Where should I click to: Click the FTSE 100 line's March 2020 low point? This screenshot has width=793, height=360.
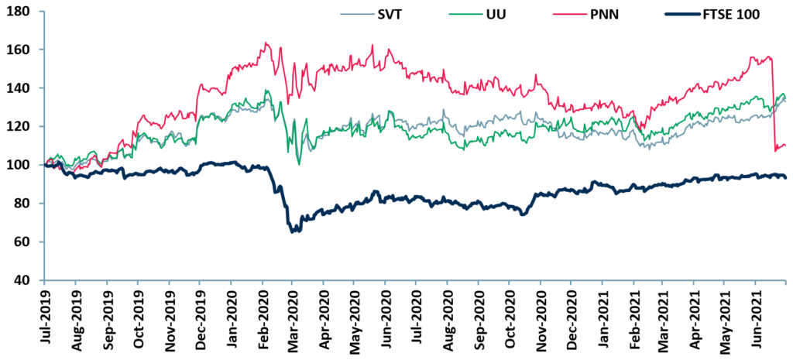click(x=292, y=231)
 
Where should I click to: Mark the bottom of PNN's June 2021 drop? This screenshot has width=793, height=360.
click(x=776, y=150)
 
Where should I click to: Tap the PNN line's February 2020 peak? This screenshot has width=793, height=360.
click(x=266, y=43)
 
